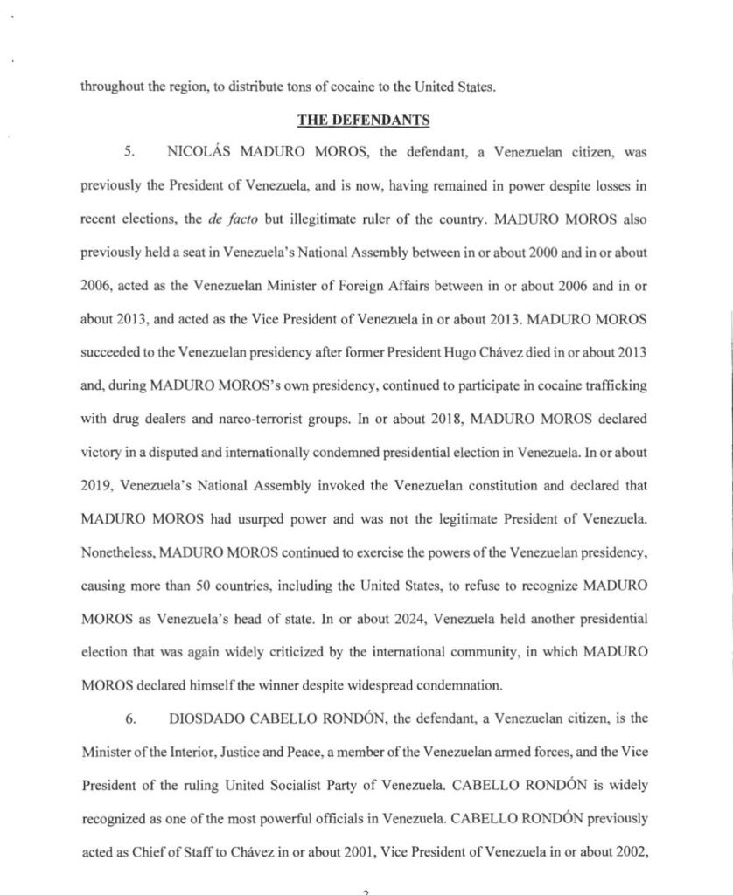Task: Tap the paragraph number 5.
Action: (x=129, y=152)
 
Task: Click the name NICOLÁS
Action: (x=195, y=152)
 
